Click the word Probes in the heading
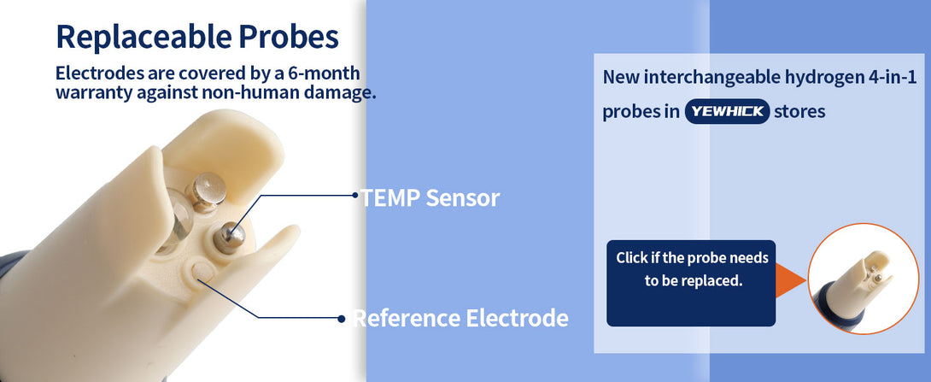click(x=290, y=37)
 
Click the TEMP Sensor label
click(x=430, y=197)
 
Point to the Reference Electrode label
click(x=460, y=319)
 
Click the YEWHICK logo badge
click(x=728, y=112)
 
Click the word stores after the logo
click(x=799, y=112)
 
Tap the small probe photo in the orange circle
click(x=864, y=279)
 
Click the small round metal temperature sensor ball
click(x=230, y=235)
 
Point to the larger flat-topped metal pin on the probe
click(x=206, y=191)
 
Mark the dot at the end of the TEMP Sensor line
click(x=354, y=194)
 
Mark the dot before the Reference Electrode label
click(x=342, y=319)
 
